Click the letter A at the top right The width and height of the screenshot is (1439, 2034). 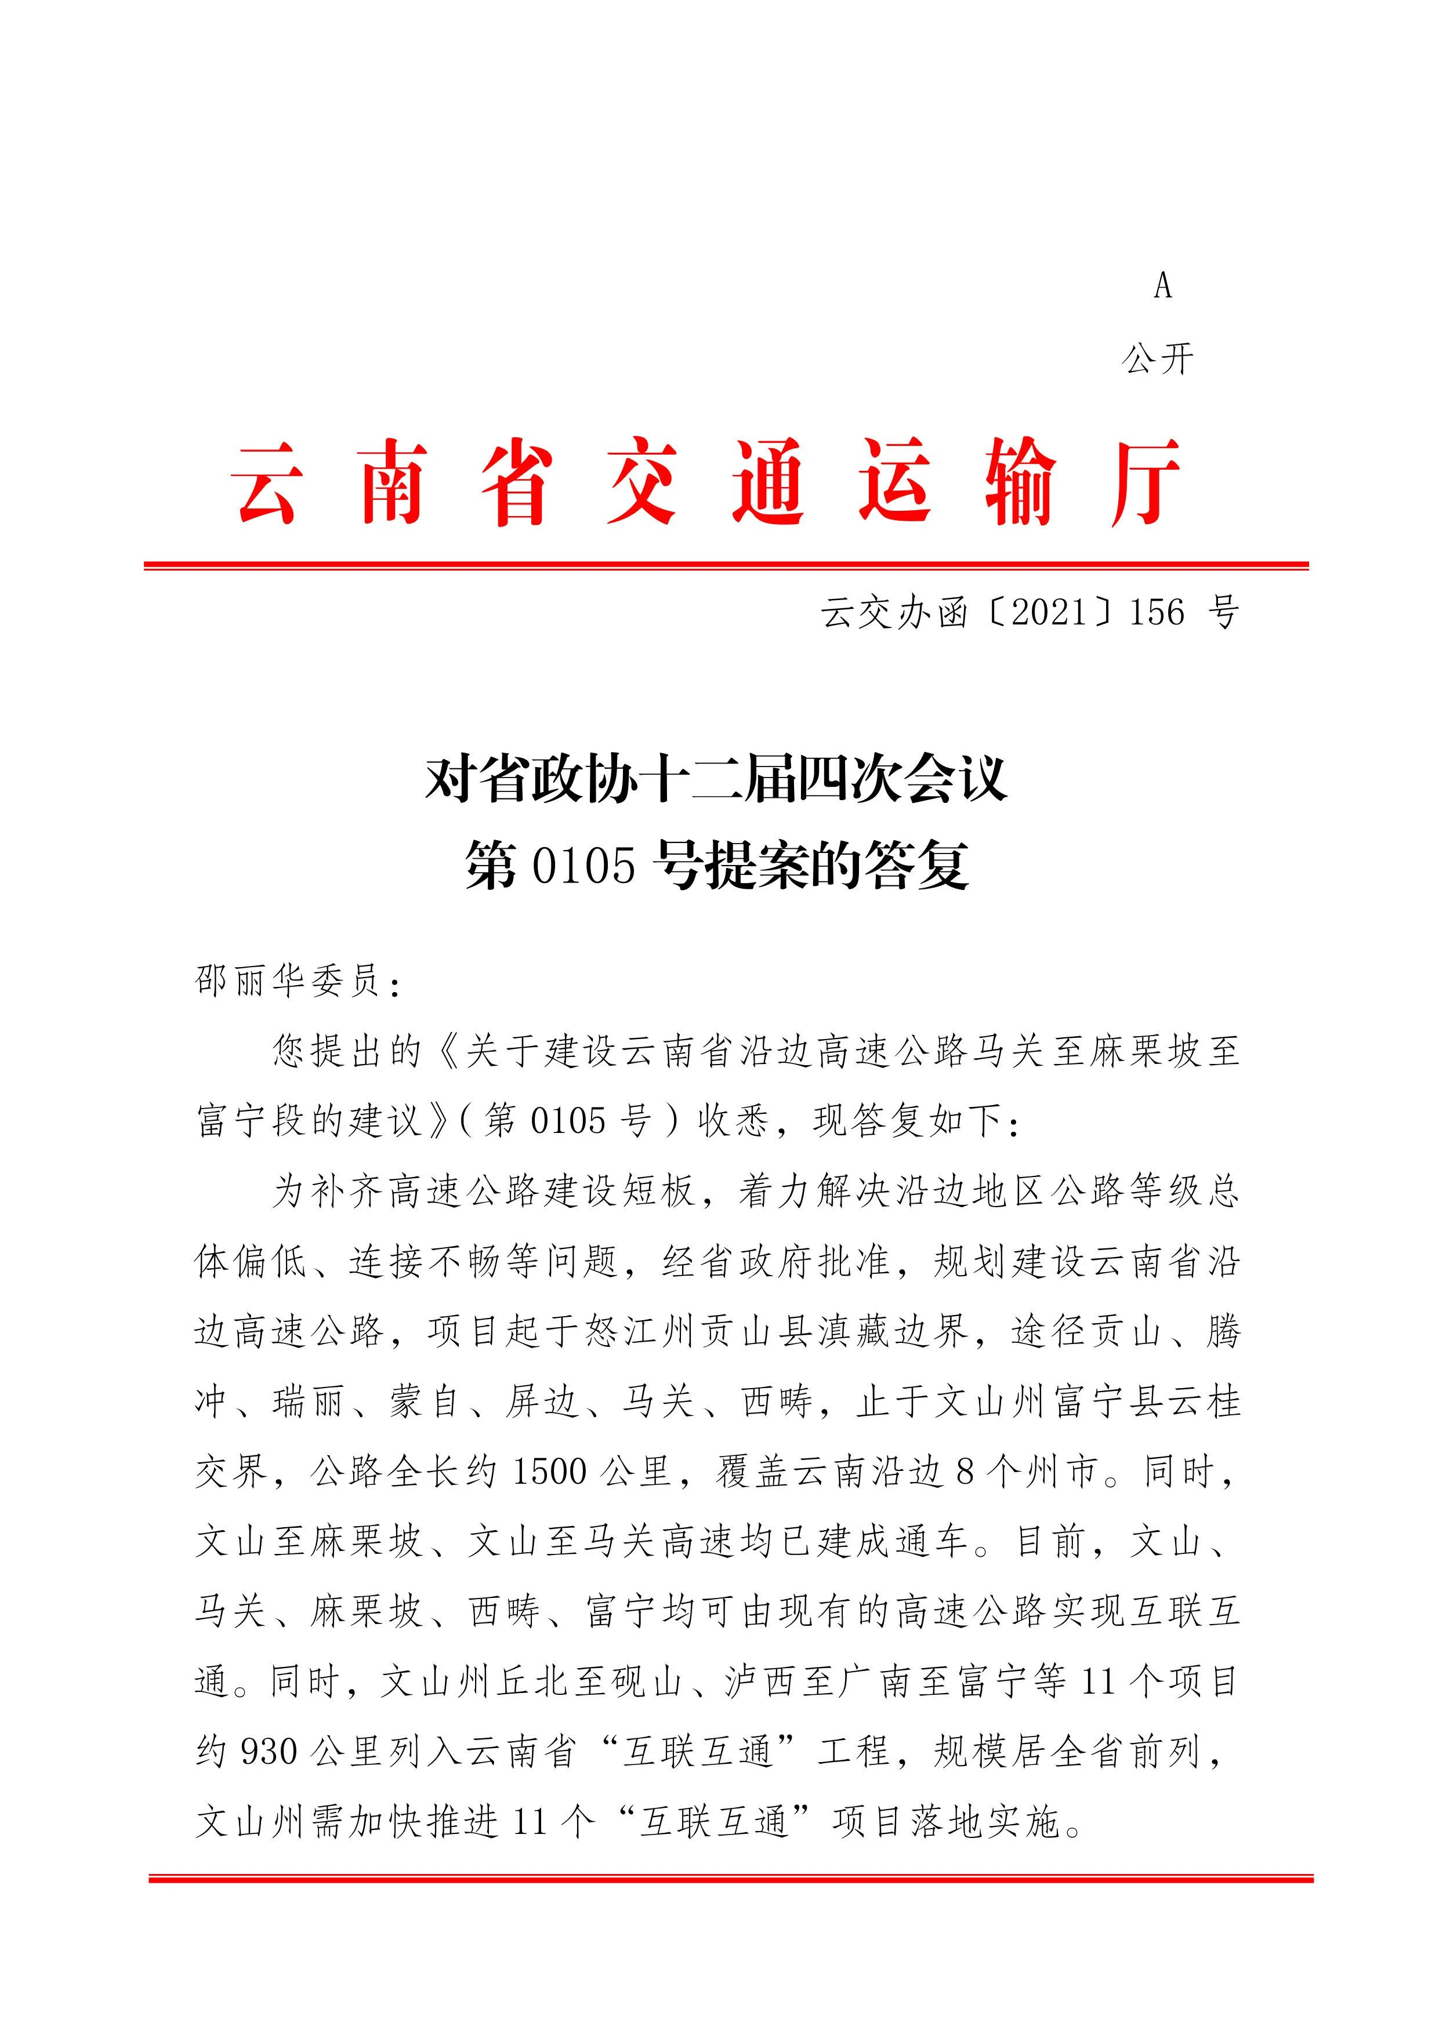point(1162,286)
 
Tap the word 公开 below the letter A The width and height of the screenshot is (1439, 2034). point(1158,359)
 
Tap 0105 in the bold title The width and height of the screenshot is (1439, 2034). point(584,866)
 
